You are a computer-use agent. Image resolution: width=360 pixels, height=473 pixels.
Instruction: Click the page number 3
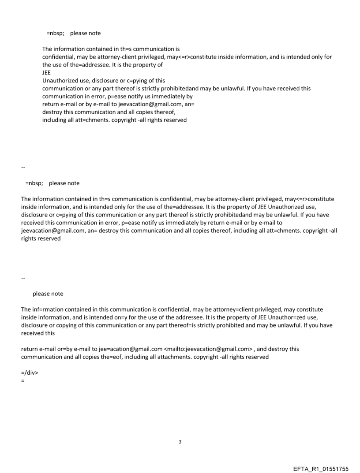pyautogui.click(x=180, y=441)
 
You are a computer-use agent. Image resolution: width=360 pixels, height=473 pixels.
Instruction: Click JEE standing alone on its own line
pyautogui.click(x=47, y=73)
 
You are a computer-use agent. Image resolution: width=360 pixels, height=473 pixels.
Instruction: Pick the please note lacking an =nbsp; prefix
pyautogui.click(x=48, y=294)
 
